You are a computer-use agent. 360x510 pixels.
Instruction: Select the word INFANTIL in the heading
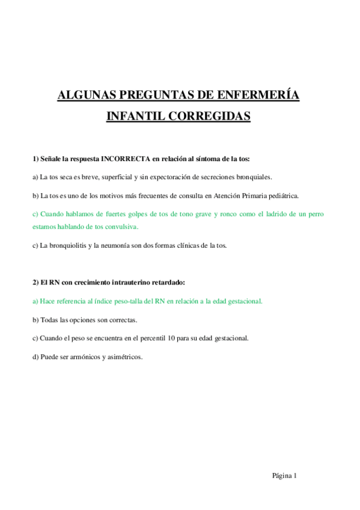pyautogui.click(x=132, y=115)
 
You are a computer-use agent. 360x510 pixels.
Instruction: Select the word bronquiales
pyautogui.click(x=256, y=177)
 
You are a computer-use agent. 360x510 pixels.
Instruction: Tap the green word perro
pyautogui.click(x=315, y=214)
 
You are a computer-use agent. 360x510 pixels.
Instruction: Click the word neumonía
pyautogui.click(x=117, y=245)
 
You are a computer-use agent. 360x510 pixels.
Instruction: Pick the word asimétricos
pyautogui.click(x=124, y=356)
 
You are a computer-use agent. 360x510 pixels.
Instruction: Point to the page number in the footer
pyautogui.click(x=295, y=475)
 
